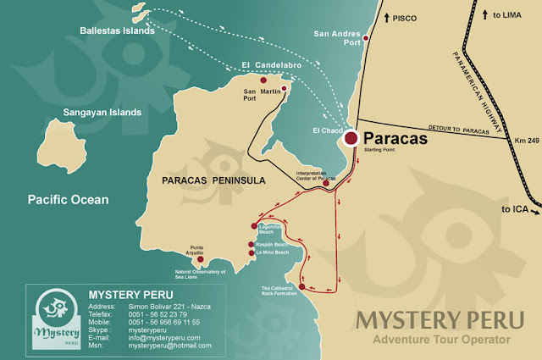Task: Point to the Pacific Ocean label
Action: point(68,200)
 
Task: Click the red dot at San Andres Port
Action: point(366,38)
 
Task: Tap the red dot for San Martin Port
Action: point(285,88)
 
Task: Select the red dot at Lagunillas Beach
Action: point(252,225)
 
